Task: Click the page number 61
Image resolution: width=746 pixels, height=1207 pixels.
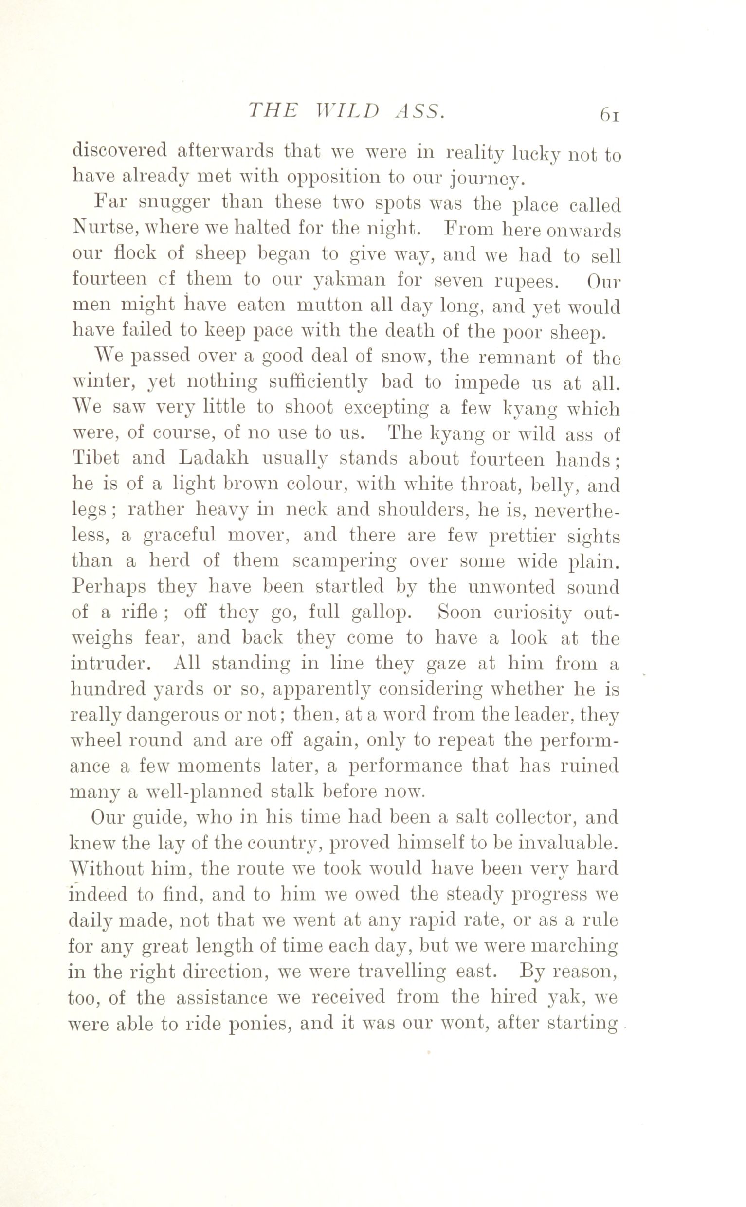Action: coord(609,114)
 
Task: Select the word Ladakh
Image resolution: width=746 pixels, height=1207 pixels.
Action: coord(214,458)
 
